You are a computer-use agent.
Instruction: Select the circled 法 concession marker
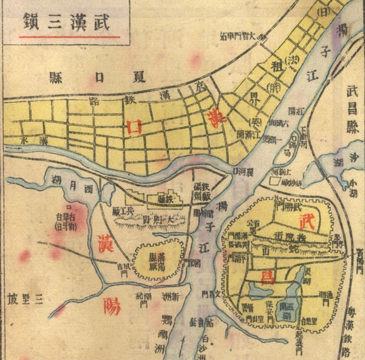293,61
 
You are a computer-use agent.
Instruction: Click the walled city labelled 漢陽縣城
158,257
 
